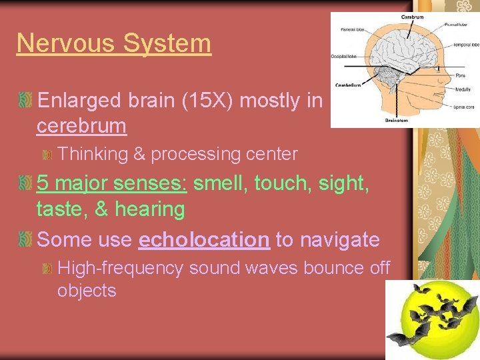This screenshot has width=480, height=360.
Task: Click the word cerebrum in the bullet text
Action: pos(81,125)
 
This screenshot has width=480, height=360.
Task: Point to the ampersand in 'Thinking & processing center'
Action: pos(139,154)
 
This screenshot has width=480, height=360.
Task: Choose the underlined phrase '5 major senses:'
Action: pos(111,183)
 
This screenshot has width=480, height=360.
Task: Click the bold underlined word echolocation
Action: pos(203,239)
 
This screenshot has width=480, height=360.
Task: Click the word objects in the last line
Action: pos(87,291)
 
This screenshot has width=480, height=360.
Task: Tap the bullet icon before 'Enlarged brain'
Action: pos(26,101)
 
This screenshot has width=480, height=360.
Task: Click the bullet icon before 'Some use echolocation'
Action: pos(26,239)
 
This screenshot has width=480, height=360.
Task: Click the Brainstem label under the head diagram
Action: pos(397,120)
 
